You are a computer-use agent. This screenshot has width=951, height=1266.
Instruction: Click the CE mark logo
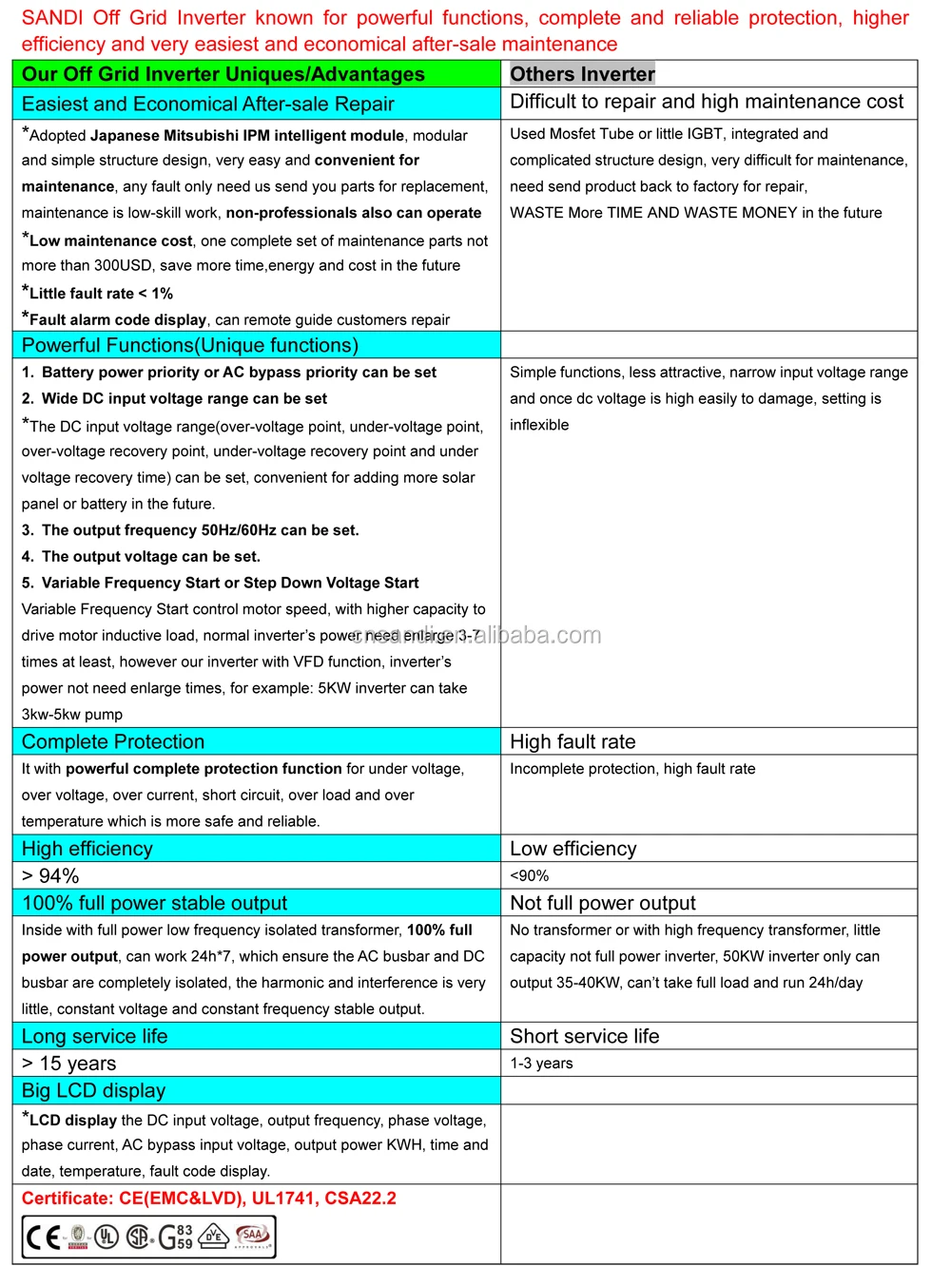44,1237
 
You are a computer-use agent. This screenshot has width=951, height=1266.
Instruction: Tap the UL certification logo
107,1237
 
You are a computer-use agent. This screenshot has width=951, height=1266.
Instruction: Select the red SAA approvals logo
252,1236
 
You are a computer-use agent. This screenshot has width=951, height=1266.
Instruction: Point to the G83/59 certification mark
175,1237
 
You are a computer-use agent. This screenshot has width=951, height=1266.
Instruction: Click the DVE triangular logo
215,1236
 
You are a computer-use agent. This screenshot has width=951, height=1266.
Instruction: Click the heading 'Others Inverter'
582,74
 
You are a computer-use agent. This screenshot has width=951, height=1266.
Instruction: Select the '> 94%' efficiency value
50,875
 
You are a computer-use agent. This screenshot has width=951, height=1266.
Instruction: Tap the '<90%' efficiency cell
529,875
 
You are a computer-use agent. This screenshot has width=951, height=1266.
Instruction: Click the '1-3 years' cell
541,1063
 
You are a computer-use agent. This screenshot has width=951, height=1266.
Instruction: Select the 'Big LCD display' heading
93,1090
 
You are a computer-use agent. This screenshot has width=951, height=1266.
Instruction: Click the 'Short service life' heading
584,1036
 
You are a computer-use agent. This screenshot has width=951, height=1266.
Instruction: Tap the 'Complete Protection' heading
112,741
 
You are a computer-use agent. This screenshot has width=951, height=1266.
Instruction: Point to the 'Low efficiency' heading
573,849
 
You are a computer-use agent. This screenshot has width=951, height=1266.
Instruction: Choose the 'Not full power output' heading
602,903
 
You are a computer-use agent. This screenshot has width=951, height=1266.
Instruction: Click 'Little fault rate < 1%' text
100,294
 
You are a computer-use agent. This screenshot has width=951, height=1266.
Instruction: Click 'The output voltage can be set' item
150,557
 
